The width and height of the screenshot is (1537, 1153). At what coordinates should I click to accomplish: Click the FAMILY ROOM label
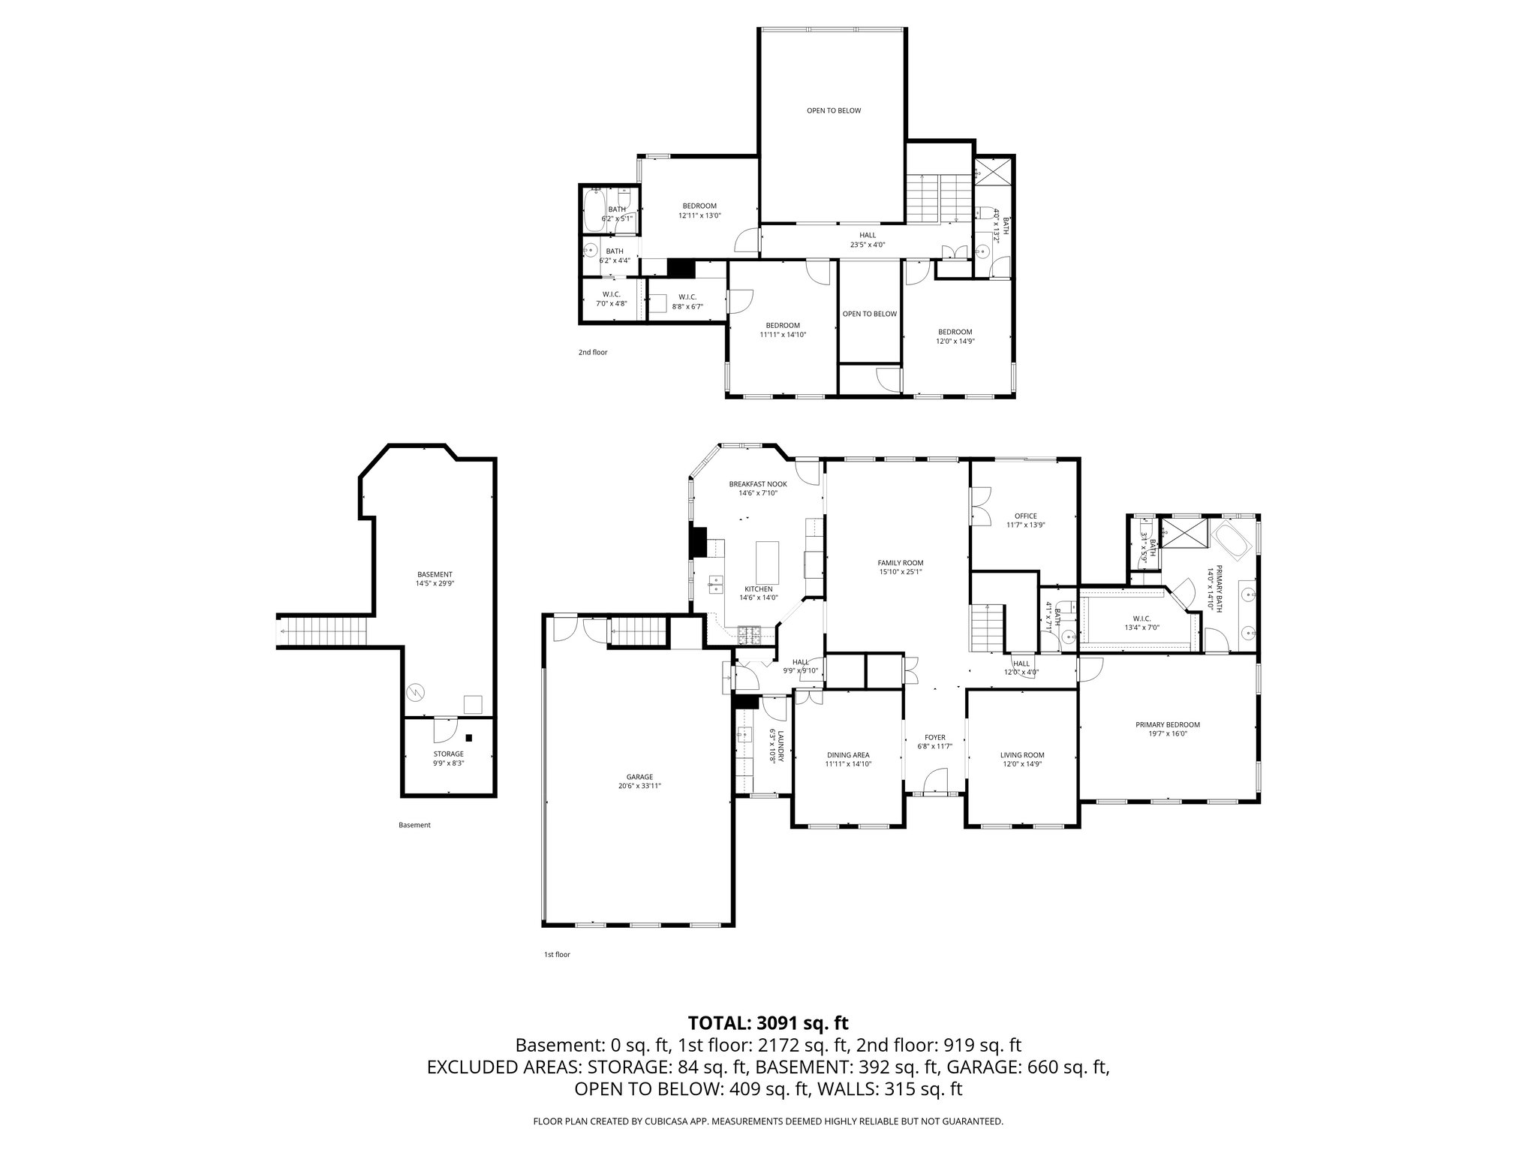click(x=900, y=562)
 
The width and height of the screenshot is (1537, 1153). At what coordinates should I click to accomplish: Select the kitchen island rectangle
click(x=768, y=563)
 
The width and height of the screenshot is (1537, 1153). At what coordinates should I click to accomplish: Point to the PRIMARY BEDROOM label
click(x=1167, y=724)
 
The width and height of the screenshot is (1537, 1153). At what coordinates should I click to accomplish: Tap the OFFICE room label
click(x=1025, y=516)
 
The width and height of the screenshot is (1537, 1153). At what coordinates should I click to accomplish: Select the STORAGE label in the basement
click(x=448, y=754)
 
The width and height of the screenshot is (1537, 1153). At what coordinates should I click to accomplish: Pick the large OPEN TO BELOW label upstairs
click(x=833, y=110)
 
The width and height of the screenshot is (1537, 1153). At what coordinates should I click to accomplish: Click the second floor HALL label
click(x=868, y=235)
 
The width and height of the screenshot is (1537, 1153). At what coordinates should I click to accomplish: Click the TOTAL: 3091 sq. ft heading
click(x=768, y=1022)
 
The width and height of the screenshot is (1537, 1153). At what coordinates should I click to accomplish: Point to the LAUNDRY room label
click(x=781, y=746)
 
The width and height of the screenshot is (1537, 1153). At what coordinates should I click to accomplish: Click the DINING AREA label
click(x=848, y=754)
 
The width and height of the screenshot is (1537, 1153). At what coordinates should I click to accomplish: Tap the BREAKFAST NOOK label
click(x=758, y=484)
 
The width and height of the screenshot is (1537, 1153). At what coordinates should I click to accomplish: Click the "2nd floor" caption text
click(x=592, y=351)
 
